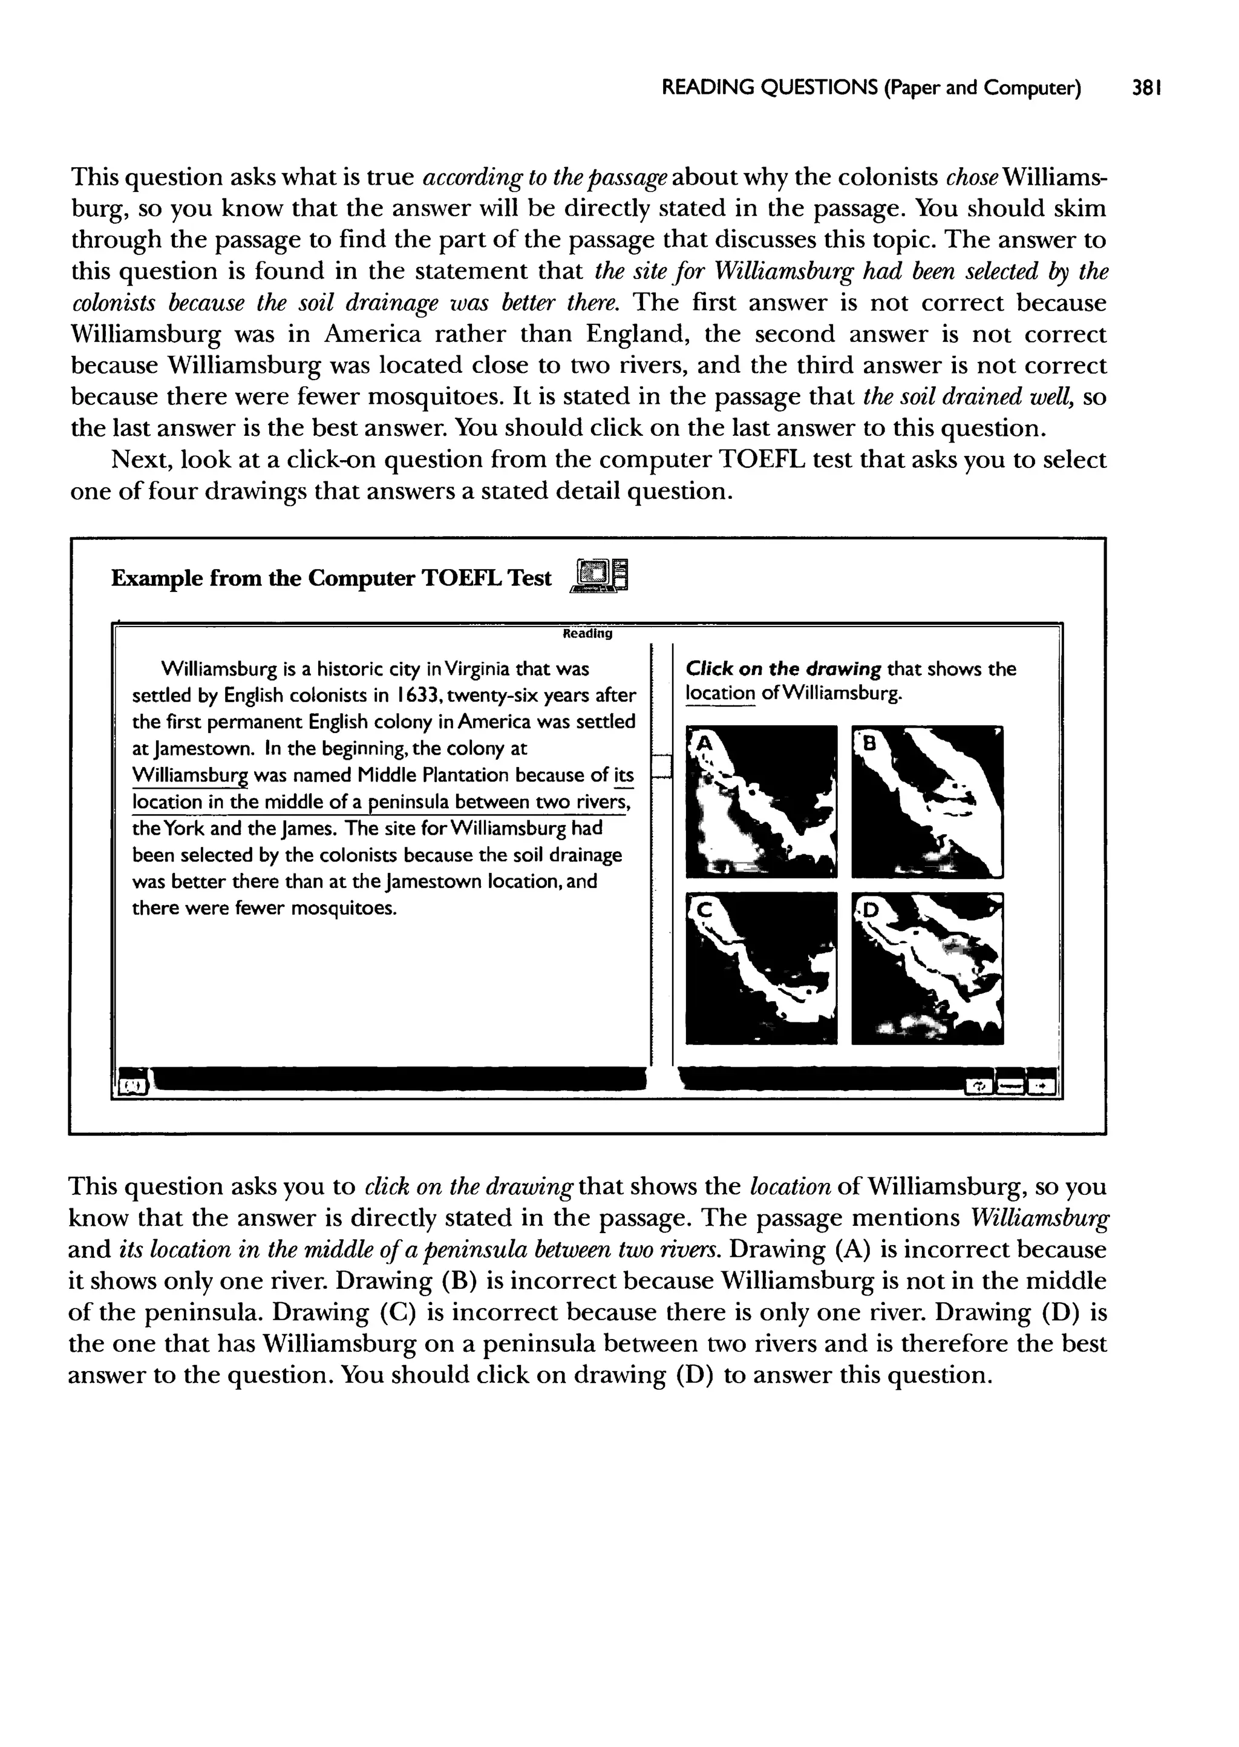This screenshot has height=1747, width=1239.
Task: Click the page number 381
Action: click(x=1146, y=88)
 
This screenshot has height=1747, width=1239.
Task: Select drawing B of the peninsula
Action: click(x=927, y=801)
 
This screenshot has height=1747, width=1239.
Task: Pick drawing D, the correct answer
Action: click(x=927, y=968)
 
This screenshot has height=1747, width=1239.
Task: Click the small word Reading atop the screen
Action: click(x=587, y=633)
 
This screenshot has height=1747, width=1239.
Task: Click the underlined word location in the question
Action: click(x=719, y=694)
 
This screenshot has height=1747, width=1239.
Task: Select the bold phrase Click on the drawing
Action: click(x=783, y=670)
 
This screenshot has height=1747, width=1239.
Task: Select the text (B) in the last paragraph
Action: click(x=459, y=1280)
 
